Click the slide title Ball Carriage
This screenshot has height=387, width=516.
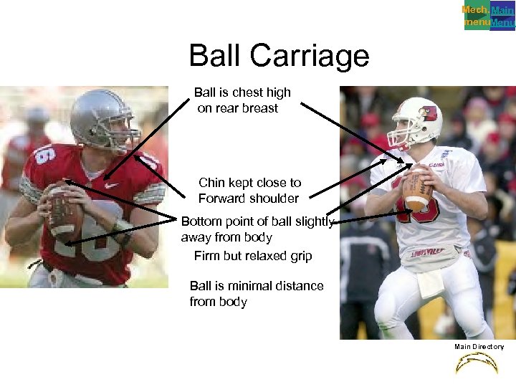pyautogui.click(x=279, y=56)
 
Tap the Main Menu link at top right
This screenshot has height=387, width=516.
pyautogui.click(x=502, y=16)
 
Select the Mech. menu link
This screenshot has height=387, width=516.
pyautogui.click(x=476, y=16)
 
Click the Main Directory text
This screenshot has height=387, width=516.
pyautogui.click(x=479, y=347)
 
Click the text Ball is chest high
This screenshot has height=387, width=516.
pyautogui.click(x=242, y=92)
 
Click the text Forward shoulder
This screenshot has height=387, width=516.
pyautogui.click(x=248, y=199)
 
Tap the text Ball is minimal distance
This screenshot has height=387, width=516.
pyautogui.click(x=256, y=286)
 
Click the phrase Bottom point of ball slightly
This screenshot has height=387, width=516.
pyautogui.click(x=257, y=222)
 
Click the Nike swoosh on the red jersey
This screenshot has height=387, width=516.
pyautogui.click(x=109, y=184)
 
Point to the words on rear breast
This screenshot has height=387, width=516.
pyautogui.click(x=237, y=108)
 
